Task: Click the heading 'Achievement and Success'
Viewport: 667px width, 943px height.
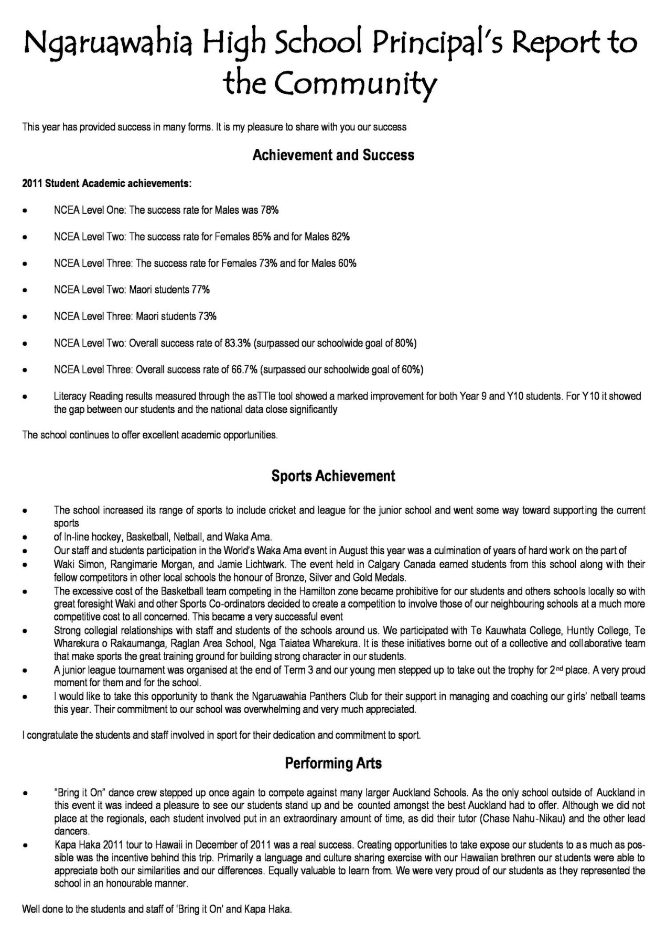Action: click(x=333, y=155)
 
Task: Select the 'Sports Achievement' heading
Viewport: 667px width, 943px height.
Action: click(x=333, y=476)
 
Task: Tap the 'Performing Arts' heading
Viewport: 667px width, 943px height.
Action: click(x=333, y=763)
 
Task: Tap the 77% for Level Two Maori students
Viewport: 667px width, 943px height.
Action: click(x=201, y=290)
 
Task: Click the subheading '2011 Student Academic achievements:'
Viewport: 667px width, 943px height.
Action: click(x=107, y=184)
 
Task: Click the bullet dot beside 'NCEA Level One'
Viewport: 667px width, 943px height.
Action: click(x=25, y=211)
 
